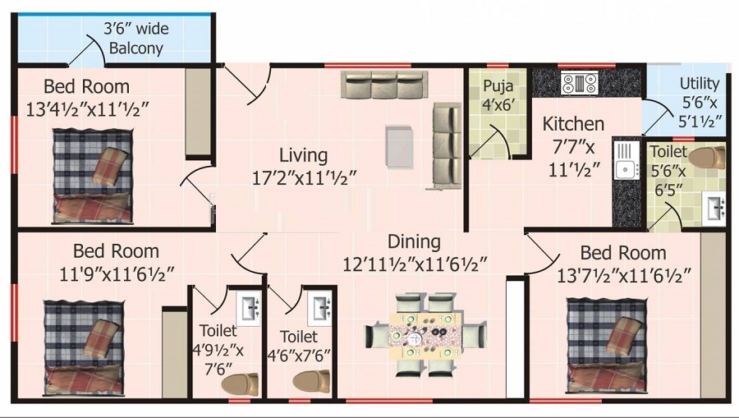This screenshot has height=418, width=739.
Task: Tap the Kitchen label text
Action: pyautogui.click(x=573, y=124)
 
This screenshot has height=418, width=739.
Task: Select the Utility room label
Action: pyautogui.click(x=700, y=83)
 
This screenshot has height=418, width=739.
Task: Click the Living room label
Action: pyautogui.click(x=303, y=154)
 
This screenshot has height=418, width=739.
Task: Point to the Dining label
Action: pyautogui.click(x=414, y=242)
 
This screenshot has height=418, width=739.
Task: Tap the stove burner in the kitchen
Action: pyautogui.click(x=579, y=82)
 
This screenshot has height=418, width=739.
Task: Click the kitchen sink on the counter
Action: pyautogui.click(x=625, y=160)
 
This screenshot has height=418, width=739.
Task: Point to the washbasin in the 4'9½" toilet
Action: pyautogui.click(x=248, y=308)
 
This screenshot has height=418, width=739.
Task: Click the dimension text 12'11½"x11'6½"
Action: pyautogui.click(x=415, y=264)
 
